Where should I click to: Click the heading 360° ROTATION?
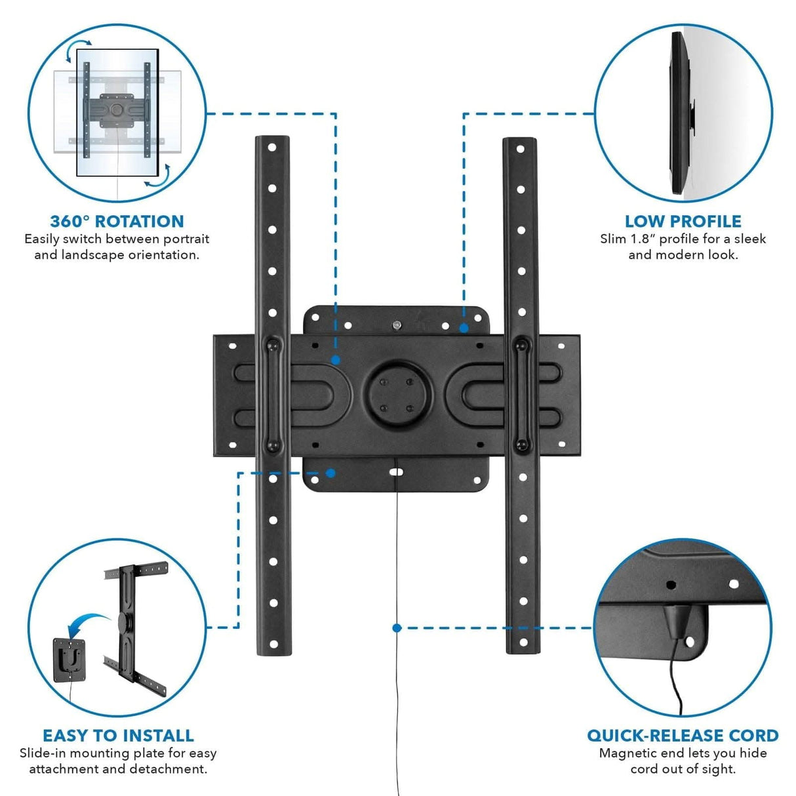coord(117,221)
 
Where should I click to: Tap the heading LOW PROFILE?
coord(683,221)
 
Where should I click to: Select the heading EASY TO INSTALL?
coord(118,735)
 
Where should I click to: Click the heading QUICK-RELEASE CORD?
coord(683,735)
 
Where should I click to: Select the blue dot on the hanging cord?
coord(397,627)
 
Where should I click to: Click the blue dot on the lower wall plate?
coord(331,473)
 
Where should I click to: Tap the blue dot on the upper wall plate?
coord(464,327)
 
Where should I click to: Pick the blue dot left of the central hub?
coord(335,360)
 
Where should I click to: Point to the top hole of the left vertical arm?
coord(271,148)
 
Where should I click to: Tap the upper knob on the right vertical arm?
coord(522,344)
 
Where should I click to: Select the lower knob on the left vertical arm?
coord(273,445)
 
